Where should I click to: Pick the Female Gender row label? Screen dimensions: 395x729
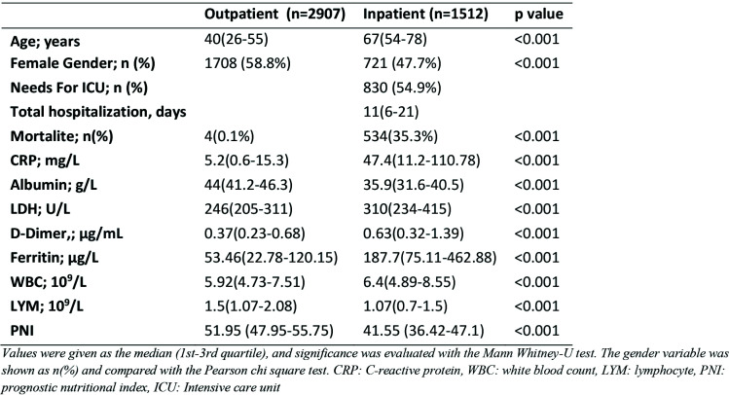[x=74, y=63]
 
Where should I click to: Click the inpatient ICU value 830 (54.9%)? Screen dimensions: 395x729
[x=405, y=86]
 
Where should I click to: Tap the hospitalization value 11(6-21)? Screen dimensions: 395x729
[x=391, y=108]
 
